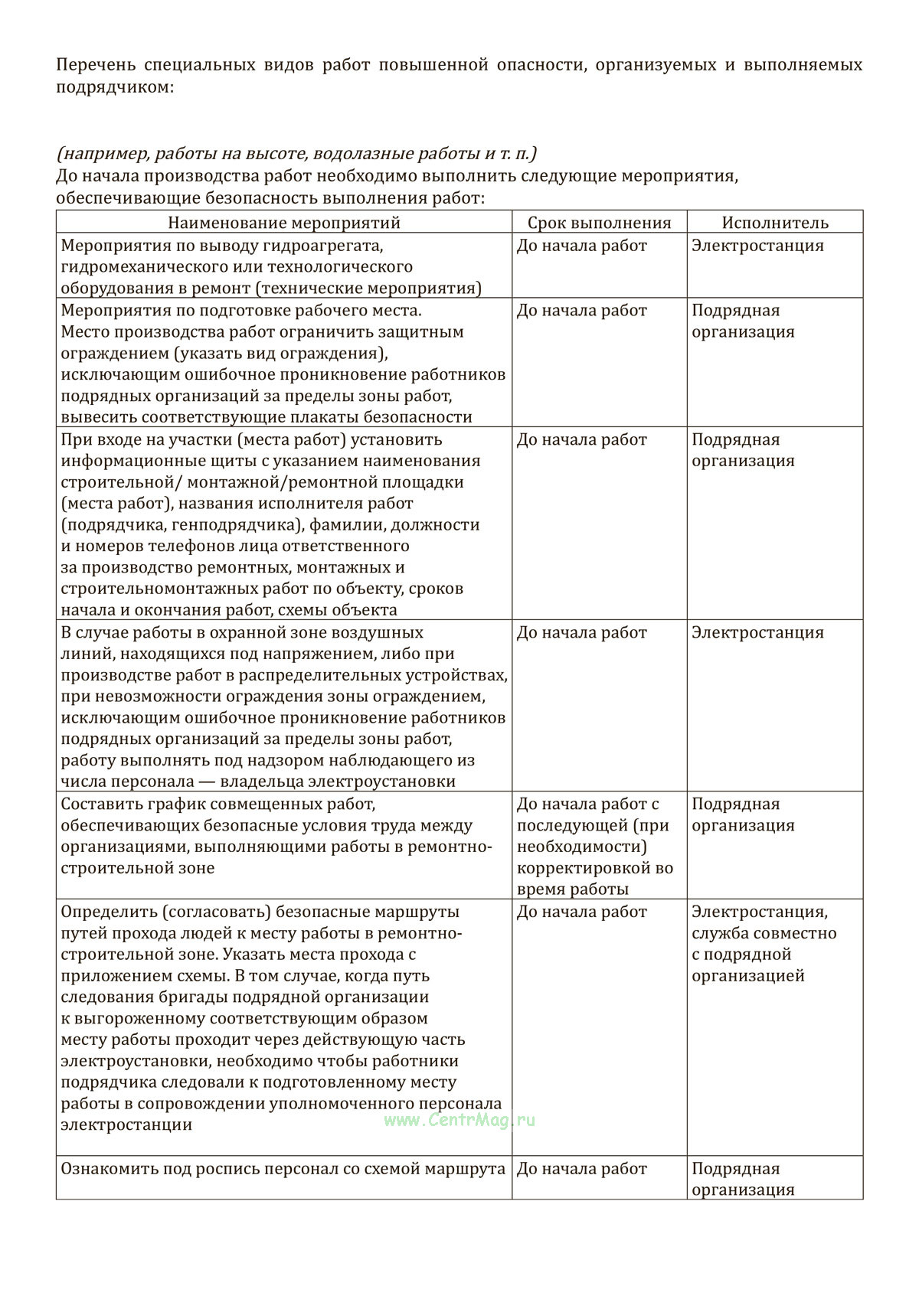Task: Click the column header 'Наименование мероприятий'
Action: (x=283, y=223)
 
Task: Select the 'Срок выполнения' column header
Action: (x=599, y=223)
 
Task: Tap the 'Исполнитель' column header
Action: (x=775, y=223)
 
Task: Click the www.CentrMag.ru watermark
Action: (x=459, y=1120)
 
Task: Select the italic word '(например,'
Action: (x=103, y=154)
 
